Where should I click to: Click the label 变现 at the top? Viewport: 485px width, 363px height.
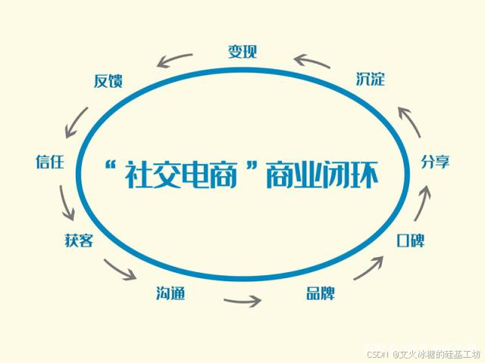pyautogui.click(x=242, y=51)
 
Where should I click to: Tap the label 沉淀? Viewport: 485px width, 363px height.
pyautogui.click(x=370, y=79)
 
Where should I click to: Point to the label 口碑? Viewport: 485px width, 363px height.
pyautogui.click(x=411, y=240)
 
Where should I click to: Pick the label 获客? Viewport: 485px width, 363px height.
pyautogui.click(x=79, y=240)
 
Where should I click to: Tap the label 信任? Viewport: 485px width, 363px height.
pyautogui.click(x=49, y=161)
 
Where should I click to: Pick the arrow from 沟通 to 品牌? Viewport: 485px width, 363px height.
pyautogui.click(x=242, y=300)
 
